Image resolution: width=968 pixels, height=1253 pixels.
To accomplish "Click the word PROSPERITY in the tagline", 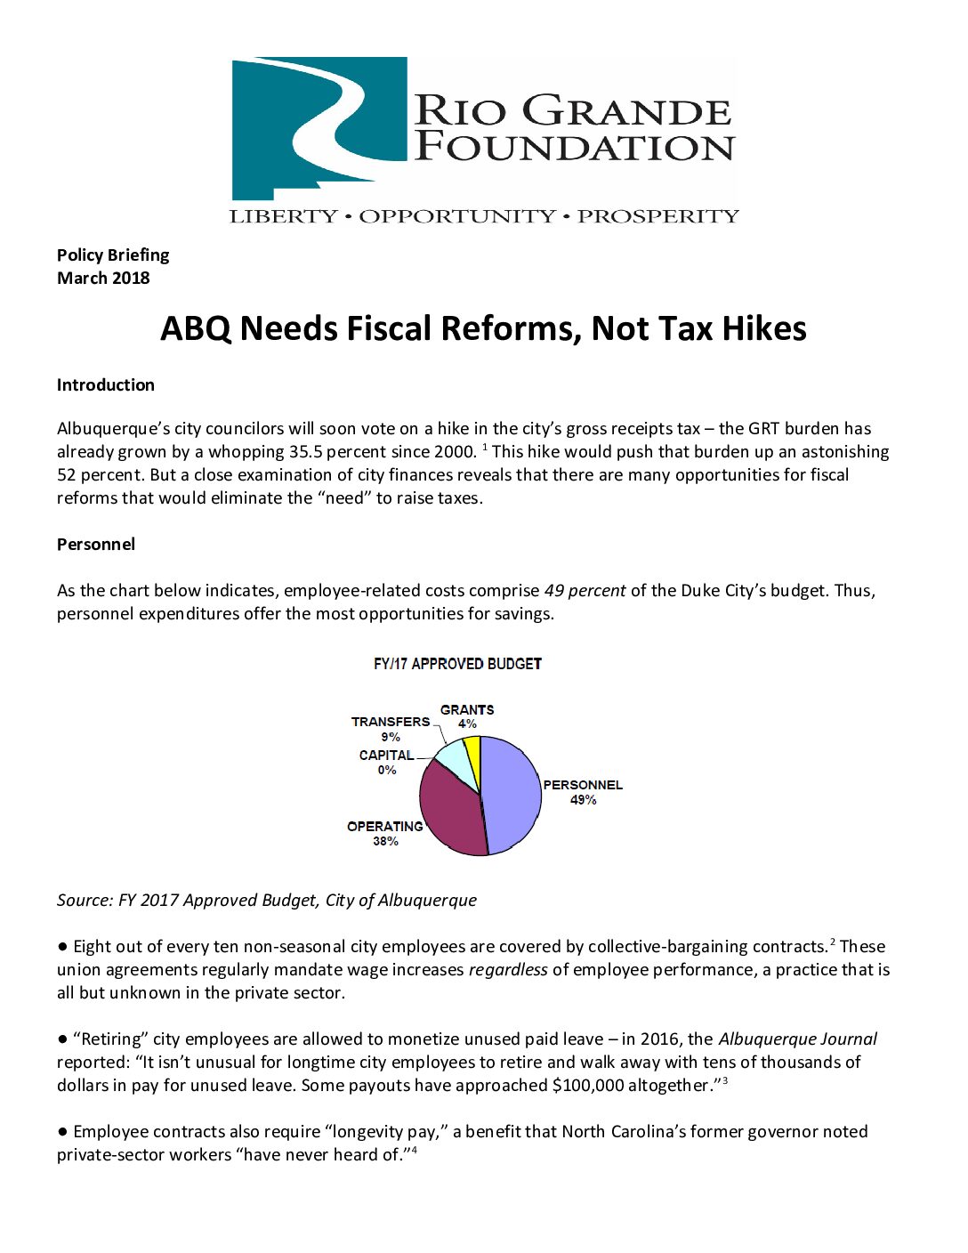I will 658,216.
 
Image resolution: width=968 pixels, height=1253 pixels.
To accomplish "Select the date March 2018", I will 103,278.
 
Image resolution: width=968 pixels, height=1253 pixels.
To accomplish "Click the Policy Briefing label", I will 113,255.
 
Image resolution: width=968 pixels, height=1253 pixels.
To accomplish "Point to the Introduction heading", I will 106,384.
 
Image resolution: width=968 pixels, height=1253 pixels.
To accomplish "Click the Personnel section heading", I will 96,544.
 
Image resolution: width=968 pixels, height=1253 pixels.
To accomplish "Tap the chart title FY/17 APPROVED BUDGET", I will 457,664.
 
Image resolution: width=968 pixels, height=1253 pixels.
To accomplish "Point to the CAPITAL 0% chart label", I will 387,762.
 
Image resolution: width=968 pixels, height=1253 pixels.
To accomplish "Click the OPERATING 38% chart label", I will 385,833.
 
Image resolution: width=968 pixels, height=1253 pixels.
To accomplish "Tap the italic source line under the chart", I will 267,900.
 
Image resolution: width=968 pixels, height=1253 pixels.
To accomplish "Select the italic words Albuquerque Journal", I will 797,1039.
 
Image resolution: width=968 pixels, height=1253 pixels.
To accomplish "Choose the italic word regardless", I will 508,969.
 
